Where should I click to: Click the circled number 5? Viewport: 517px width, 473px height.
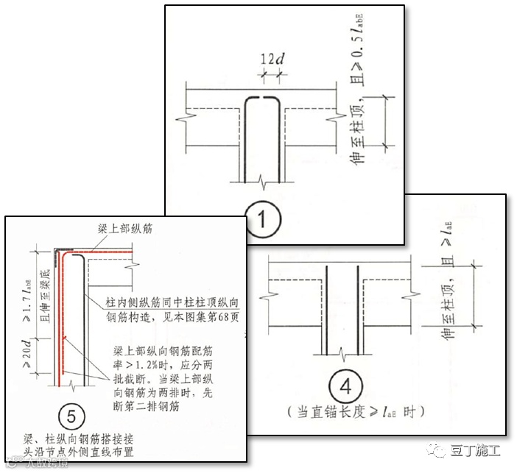coord(71,416)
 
